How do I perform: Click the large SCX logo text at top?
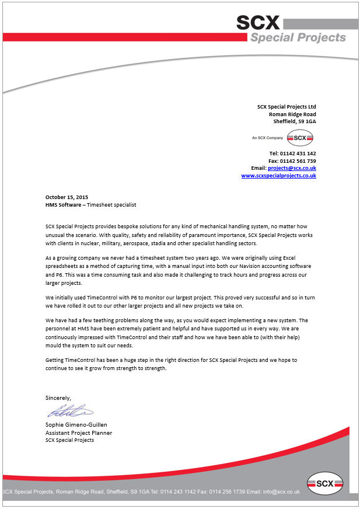258,22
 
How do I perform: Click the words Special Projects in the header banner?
298,38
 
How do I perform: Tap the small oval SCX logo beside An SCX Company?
300,138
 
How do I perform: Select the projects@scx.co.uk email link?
292,168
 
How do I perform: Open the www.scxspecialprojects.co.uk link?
278,175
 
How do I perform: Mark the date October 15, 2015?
67,197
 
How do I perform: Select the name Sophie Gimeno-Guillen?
76,424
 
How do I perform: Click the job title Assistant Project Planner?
79,433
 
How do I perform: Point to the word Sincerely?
58,398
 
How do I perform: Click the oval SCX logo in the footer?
325,483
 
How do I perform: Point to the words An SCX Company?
267,138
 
